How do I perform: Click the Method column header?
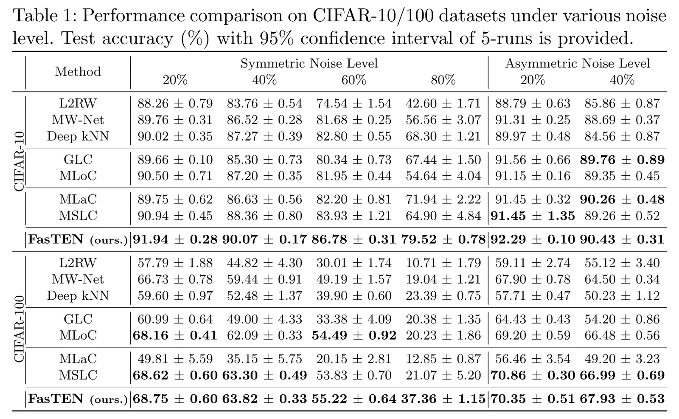pyautogui.click(x=78, y=72)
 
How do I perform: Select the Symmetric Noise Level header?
pyautogui.click(x=309, y=63)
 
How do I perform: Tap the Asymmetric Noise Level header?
pyautogui.click(x=578, y=63)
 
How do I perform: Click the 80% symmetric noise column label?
pyautogui.click(x=443, y=80)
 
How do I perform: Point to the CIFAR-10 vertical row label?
pyautogui.click(x=19, y=162)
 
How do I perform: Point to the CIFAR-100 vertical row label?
pyautogui.click(x=19, y=329)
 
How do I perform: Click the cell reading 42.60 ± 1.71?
pyautogui.click(x=443, y=104)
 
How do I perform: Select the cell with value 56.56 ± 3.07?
pyautogui.click(x=443, y=120)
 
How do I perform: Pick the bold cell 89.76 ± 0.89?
pyautogui.click(x=622, y=160)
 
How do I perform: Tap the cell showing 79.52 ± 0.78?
pyautogui.click(x=443, y=239)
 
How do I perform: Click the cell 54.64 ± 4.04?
pyautogui.click(x=443, y=176)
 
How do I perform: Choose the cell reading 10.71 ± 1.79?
pyautogui.click(x=443, y=263)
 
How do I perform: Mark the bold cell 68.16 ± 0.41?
pyautogui.click(x=175, y=335)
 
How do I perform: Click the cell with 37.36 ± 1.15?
pyautogui.click(x=443, y=399)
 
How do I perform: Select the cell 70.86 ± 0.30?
pyautogui.click(x=533, y=375)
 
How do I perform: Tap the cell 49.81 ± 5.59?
pyautogui.click(x=175, y=359)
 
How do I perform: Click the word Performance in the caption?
pyautogui.click(x=133, y=15)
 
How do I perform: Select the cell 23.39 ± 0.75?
pyautogui.click(x=443, y=295)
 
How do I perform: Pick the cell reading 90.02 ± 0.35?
pyautogui.click(x=175, y=136)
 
